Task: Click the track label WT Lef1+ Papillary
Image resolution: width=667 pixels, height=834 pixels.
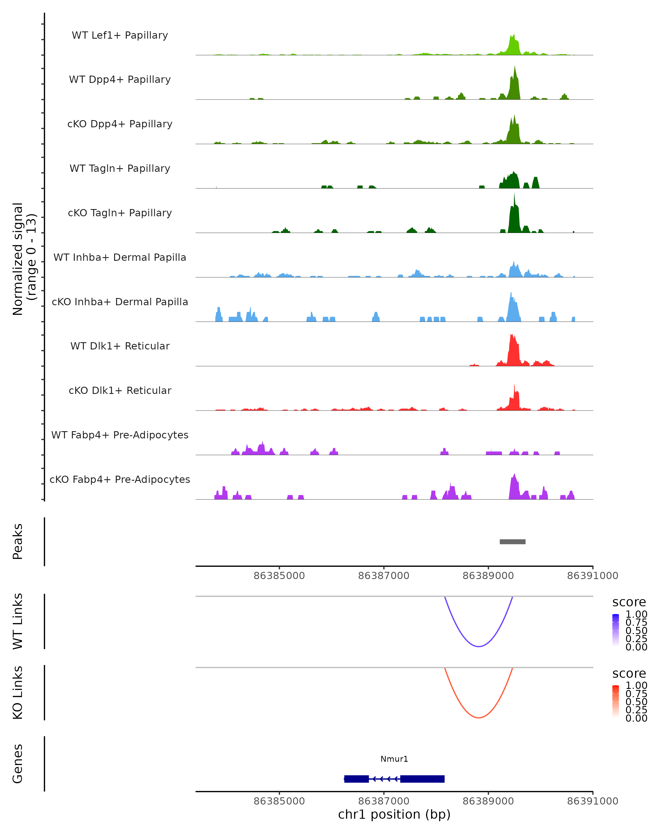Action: click(120, 35)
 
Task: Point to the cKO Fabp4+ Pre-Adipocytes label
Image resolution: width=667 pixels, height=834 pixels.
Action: click(120, 479)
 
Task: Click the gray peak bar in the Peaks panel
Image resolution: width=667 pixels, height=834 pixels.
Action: click(512, 542)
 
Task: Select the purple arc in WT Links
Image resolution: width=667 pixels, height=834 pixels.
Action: click(479, 646)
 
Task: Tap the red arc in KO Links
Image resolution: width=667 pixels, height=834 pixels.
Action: click(479, 717)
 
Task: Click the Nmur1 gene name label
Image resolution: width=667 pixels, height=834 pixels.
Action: click(394, 759)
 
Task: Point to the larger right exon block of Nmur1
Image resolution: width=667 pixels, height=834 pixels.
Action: click(422, 779)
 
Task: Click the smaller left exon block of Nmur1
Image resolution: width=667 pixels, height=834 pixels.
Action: click(356, 779)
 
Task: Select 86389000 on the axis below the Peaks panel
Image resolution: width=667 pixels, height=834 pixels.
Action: click(488, 576)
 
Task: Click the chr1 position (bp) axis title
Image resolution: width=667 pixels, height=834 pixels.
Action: click(394, 814)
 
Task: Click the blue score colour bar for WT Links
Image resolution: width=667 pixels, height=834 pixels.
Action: click(616, 630)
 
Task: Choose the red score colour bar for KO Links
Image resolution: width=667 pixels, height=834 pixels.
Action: click(616, 701)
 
